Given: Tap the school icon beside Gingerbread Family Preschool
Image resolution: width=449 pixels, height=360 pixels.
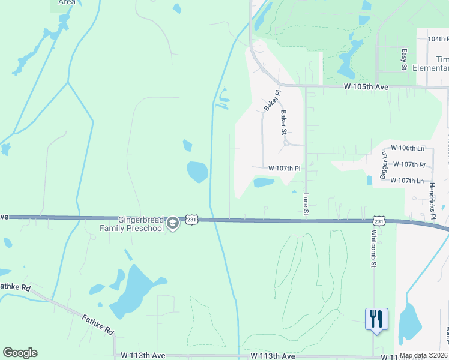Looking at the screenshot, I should pyautogui.click(x=173, y=224).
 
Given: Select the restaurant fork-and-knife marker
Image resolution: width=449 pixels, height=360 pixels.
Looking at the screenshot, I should pyautogui.click(x=376, y=319).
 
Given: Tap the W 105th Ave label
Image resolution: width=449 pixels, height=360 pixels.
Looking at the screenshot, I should pyautogui.click(x=366, y=87).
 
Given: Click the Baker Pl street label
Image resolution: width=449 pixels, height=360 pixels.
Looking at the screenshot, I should pyautogui.click(x=272, y=100).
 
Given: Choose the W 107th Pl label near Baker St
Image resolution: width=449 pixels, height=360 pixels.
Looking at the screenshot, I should pyautogui.click(x=284, y=169).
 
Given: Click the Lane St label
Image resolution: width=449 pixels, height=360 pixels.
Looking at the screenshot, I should pyautogui.click(x=306, y=204).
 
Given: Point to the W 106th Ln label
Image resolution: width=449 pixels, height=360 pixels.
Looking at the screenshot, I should pyautogui.click(x=408, y=148).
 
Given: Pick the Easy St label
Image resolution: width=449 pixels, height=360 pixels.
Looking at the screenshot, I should pyautogui.click(x=404, y=59).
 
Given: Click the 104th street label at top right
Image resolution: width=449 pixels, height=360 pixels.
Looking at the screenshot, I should pyautogui.click(x=438, y=38).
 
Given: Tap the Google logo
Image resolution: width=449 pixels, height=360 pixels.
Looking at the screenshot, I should pyautogui.click(x=20, y=353).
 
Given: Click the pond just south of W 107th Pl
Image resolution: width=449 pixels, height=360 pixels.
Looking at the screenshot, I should pyautogui.click(x=264, y=182).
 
